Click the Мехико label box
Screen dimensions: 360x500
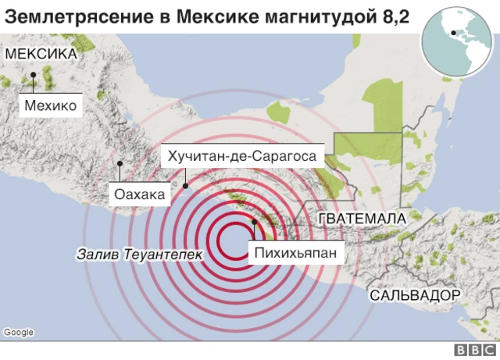pos(50,105)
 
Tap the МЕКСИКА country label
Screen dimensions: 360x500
pos(41,54)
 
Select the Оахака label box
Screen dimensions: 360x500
pos(139,194)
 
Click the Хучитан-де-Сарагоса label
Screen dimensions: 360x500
pos(241,156)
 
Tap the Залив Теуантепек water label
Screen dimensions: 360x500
pos(139,254)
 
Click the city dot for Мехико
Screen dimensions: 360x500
pos(34,76)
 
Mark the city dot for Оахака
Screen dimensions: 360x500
pos(120,163)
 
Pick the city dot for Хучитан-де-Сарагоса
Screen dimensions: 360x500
pos(185,185)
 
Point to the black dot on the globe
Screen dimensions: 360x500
pos(452,33)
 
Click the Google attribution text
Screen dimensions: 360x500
pos(19,332)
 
